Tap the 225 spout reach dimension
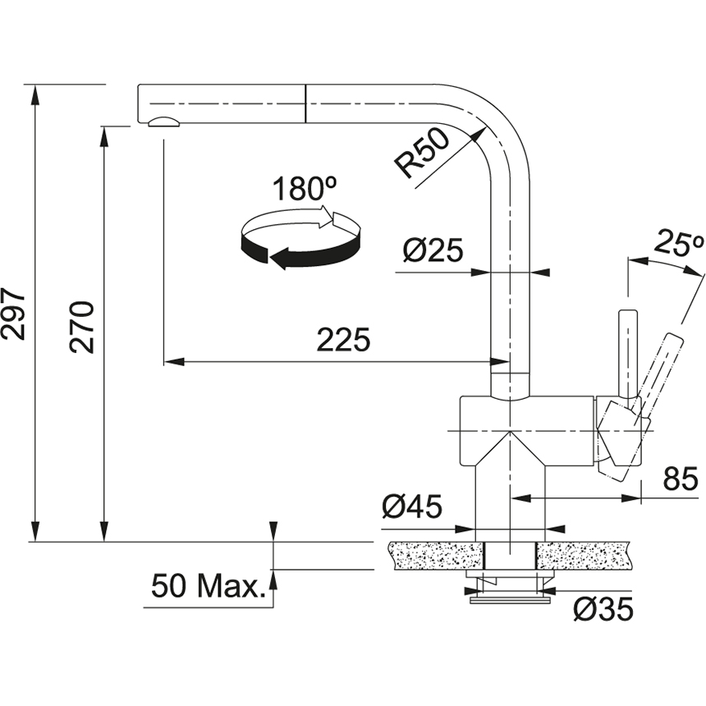click(x=343, y=340)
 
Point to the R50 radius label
click(x=422, y=153)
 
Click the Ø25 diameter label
click(x=433, y=250)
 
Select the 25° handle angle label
click(x=680, y=244)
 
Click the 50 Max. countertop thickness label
click(x=210, y=587)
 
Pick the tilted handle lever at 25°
click(x=662, y=369)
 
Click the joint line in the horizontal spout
click(x=306, y=103)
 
